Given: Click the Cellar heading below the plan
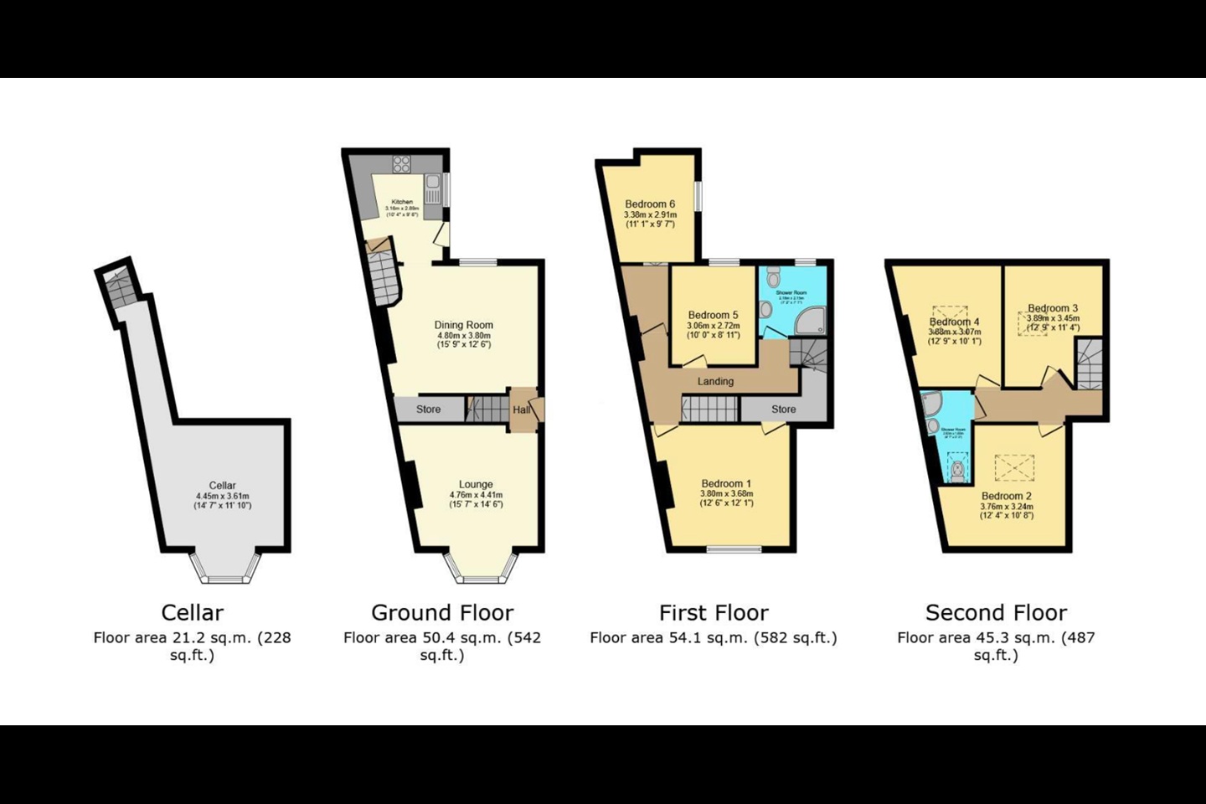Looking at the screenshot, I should (192, 612).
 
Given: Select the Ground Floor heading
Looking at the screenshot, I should (442, 612).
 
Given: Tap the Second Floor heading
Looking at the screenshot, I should (996, 612).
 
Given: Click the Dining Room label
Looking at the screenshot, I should (463, 325).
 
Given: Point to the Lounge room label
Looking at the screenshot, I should (476, 484).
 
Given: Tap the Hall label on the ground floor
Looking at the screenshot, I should (521, 410).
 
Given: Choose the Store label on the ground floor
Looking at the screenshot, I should (428, 410).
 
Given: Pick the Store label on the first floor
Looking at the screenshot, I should (783, 409).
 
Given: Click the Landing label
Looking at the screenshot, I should (715, 381).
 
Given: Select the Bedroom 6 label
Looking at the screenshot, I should (649, 204).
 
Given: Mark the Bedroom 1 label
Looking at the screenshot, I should (726, 483).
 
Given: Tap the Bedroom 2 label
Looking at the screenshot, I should (1007, 496).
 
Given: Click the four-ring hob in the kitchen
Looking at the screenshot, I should (401, 164).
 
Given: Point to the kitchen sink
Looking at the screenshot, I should (433, 183).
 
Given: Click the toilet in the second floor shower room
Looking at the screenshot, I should (957, 471).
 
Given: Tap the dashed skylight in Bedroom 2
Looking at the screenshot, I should (1014, 467).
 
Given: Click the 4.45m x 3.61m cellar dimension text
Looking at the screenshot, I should (222, 496).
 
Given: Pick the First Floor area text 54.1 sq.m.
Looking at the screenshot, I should (713, 637).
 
